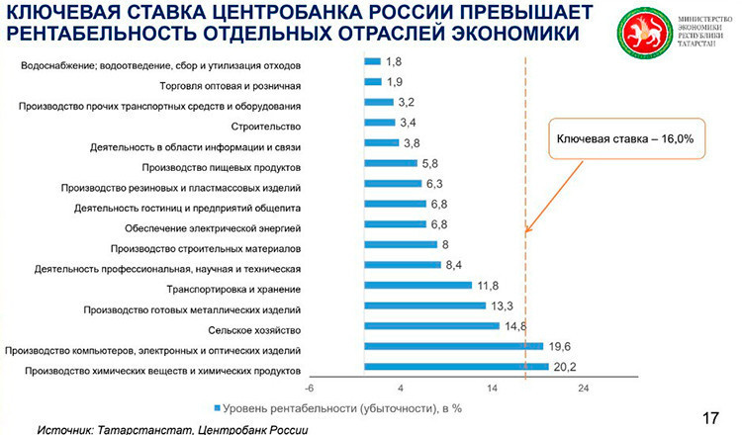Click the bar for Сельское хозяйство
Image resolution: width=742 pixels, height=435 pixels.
pyautogui.click(x=430, y=325)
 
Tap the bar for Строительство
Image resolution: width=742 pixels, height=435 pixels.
pyautogui.click(x=379, y=123)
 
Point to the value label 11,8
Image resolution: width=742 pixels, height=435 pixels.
pyautogui.click(x=487, y=285)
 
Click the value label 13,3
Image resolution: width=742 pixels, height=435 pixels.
pyautogui.click(x=501, y=305)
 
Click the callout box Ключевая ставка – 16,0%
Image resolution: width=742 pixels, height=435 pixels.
pyautogui.click(x=622, y=139)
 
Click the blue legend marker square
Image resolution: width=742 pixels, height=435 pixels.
pyautogui.click(x=215, y=406)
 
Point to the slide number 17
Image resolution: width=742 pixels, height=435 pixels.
pyautogui.click(x=709, y=415)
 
